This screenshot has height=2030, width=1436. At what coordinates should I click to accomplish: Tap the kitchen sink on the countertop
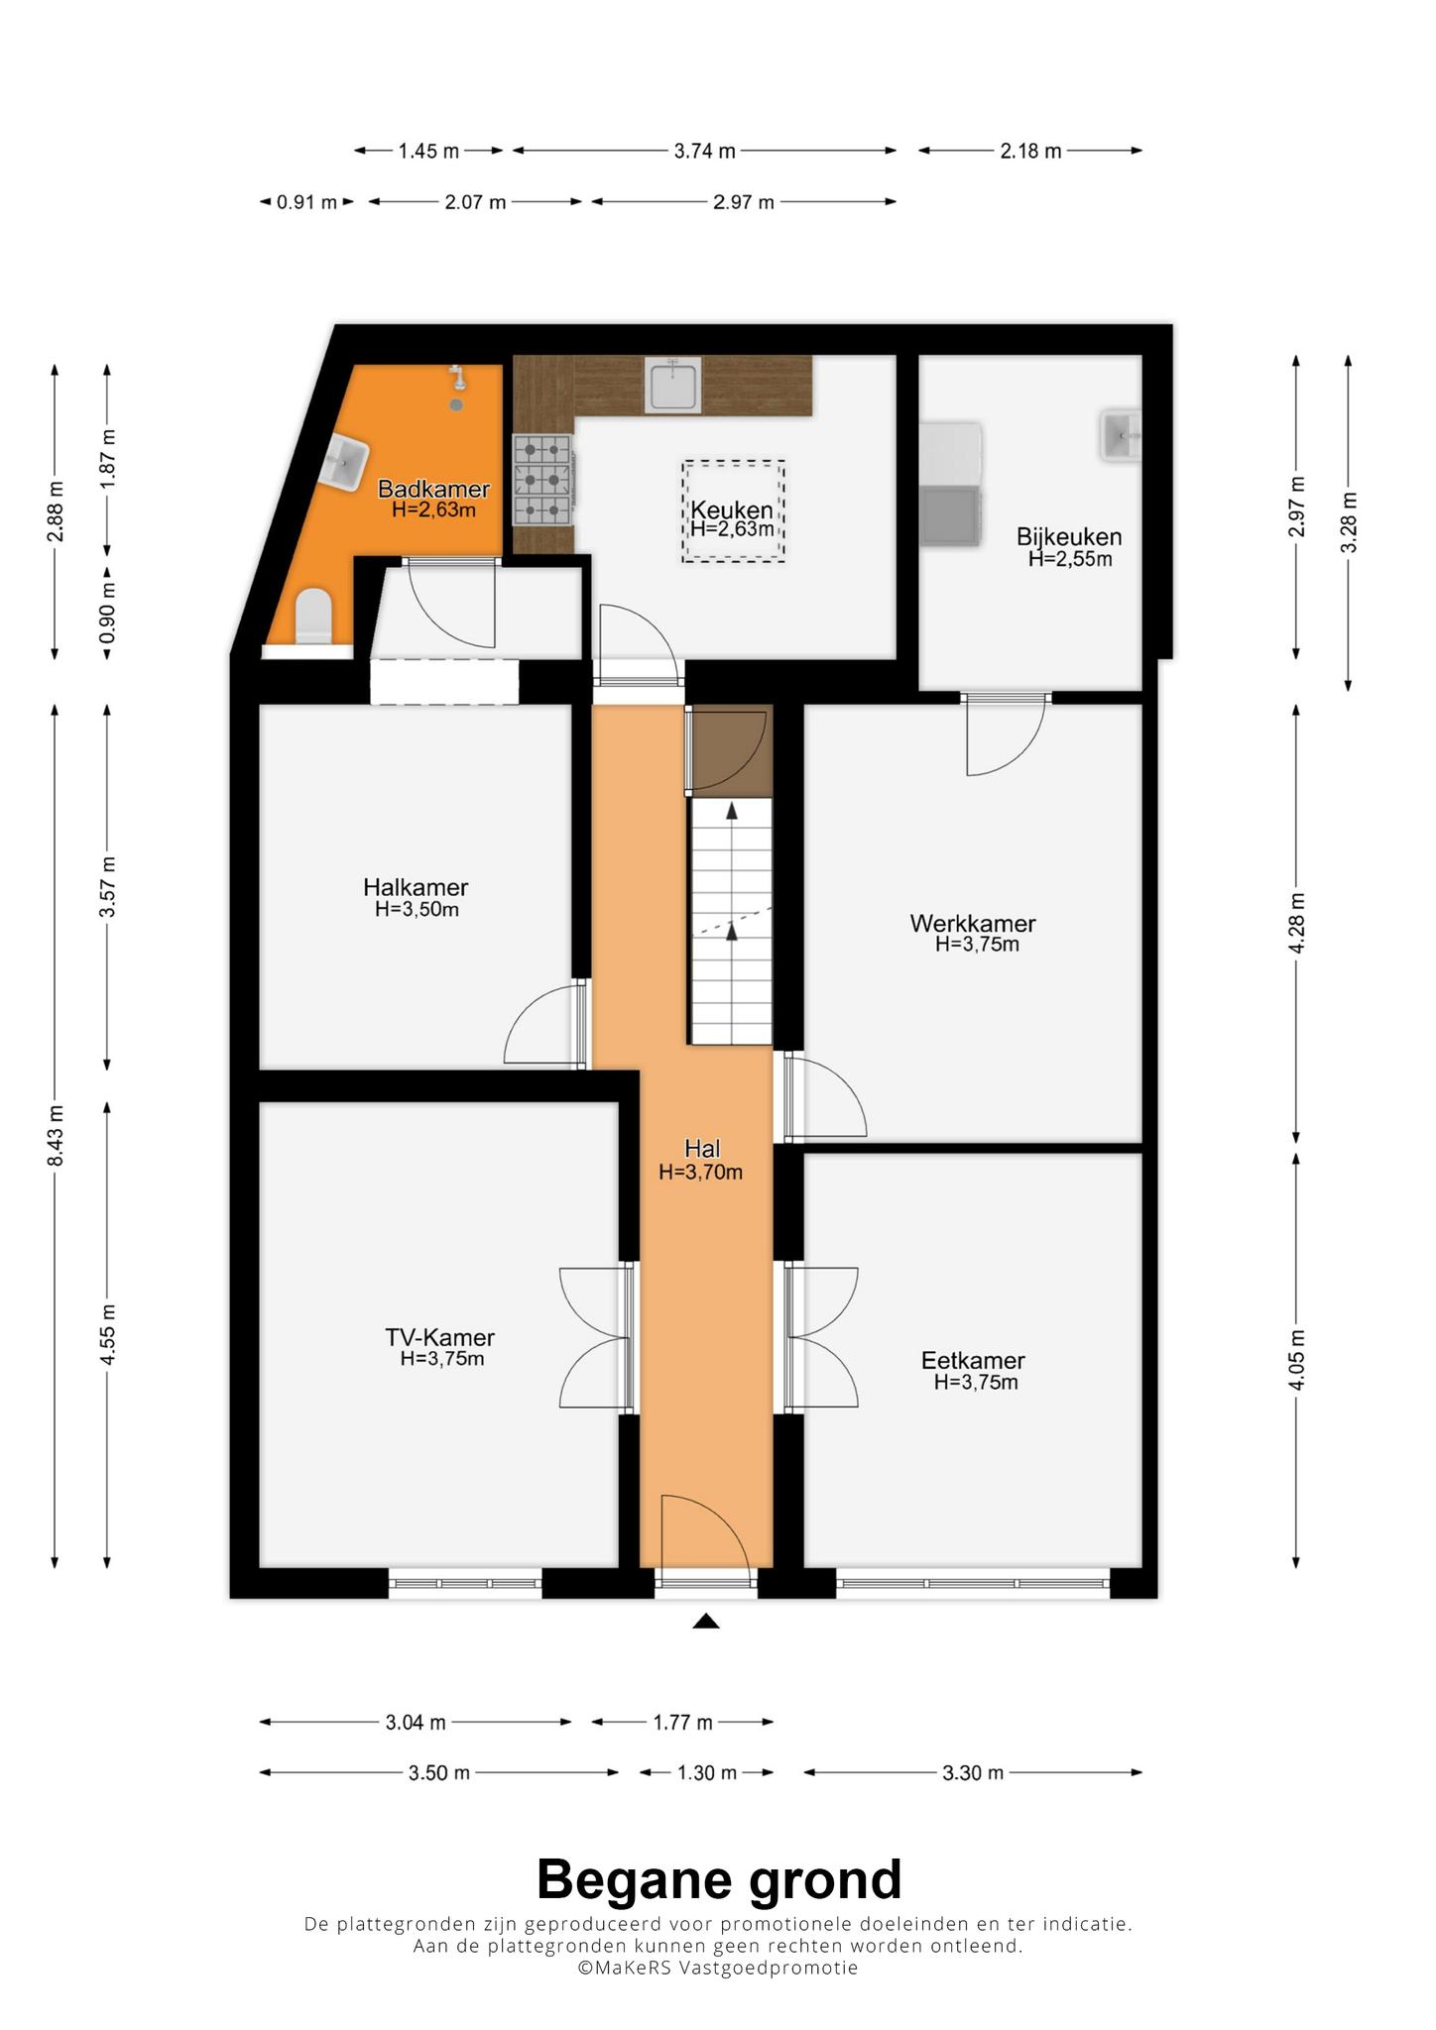click(673, 386)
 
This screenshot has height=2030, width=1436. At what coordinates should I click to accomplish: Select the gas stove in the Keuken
click(543, 480)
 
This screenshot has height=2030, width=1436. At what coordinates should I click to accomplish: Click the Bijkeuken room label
click(1069, 537)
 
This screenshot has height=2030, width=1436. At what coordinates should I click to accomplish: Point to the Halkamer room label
click(416, 887)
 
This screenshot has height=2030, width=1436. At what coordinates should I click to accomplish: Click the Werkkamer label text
click(973, 924)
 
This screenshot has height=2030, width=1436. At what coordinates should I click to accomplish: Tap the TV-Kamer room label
click(440, 1337)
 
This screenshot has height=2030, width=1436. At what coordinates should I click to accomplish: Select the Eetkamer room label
click(973, 1361)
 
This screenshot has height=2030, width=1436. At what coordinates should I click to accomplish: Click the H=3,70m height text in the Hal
click(701, 1172)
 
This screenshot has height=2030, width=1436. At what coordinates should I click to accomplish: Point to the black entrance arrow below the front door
click(705, 1621)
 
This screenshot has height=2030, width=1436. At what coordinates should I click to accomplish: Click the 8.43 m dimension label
click(57, 1136)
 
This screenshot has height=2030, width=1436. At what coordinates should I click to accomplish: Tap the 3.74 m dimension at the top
click(705, 151)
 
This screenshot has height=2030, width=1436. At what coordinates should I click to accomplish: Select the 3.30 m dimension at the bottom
click(973, 1772)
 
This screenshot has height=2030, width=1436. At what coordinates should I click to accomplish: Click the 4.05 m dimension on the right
click(1296, 1359)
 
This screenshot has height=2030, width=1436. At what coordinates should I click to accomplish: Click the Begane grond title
click(719, 1879)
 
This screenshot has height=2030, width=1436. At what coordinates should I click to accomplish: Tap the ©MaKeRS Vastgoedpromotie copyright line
click(718, 1968)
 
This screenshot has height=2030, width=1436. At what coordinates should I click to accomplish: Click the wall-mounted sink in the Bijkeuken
click(1121, 436)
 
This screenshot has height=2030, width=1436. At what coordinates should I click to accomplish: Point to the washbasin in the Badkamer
click(346, 462)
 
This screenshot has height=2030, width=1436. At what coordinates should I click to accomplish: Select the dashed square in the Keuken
click(733, 510)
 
